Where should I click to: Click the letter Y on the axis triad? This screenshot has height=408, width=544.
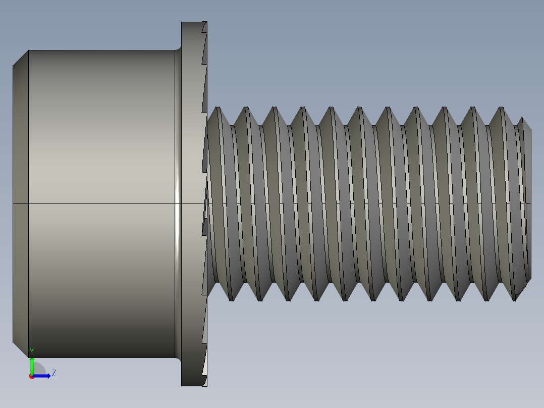pos(32,351)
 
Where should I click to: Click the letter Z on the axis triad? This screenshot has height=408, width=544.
pos(53,373)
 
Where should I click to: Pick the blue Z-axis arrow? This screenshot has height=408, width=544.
pos(43,376)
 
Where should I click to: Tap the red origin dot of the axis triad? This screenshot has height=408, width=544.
pos(31,377)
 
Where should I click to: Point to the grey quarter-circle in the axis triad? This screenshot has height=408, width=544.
pos(39,369)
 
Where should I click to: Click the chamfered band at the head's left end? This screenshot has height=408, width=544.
pos(20,202)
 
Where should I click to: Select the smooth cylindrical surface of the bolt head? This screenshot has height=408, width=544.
pos(101,151)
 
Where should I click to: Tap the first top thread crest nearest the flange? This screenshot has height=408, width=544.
pos(217,108)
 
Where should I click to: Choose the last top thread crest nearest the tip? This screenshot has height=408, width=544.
pos(501,108)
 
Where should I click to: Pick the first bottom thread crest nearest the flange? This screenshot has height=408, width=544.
pos(231,300)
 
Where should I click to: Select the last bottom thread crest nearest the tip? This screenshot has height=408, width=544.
pos(515,300)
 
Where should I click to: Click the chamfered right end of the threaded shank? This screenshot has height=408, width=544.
pos(526,202)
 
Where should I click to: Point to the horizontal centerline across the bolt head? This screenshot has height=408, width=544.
pos(101,204)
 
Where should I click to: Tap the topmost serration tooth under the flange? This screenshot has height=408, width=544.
pos(204,27)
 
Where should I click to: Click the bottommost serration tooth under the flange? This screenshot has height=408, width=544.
pos(204,380)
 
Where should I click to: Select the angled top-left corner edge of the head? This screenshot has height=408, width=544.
pos(20,58)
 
